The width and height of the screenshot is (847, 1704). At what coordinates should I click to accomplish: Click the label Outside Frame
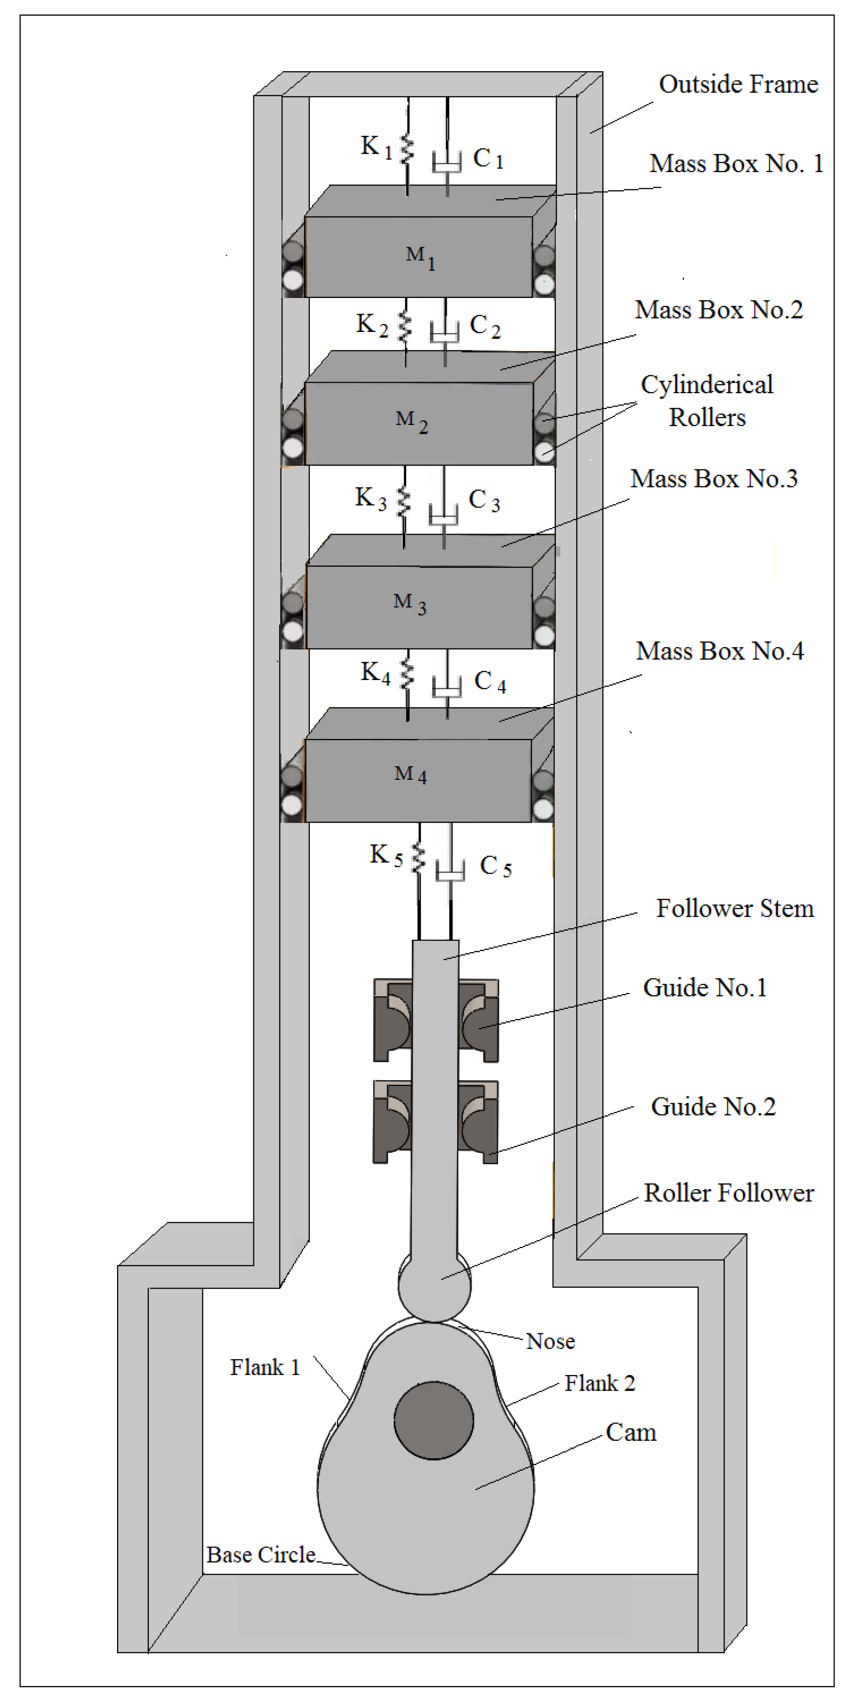coord(738,85)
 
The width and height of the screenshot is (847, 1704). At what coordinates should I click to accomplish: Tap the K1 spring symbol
coord(407,150)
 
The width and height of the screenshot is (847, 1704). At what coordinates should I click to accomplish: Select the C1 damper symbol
coord(447,162)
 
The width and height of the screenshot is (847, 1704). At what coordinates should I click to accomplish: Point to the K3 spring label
coord(371,498)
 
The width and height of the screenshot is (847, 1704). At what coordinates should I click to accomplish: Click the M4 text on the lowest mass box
coord(410,774)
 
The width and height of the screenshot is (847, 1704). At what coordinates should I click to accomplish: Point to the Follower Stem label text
coord(735,909)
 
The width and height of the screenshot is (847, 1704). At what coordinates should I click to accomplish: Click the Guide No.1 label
coord(705,988)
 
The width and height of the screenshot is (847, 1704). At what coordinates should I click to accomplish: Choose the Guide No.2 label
coord(713,1107)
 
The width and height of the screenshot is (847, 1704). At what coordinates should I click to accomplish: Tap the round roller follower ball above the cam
coord(434,1285)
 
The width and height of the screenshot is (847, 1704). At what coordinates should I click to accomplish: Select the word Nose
coord(550,1341)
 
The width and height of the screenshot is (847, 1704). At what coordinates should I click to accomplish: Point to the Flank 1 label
coord(265,1367)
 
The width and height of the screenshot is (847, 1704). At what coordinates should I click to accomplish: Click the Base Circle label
coord(261,1554)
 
